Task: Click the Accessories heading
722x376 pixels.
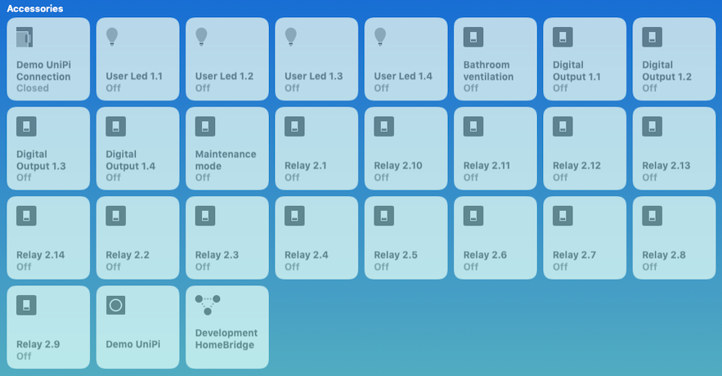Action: click(35, 8)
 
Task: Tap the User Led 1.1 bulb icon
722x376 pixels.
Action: click(113, 36)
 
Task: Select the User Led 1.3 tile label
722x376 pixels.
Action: click(313, 76)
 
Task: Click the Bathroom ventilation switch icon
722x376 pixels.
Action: click(473, 37)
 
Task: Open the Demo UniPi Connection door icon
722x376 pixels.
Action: click(25, 37)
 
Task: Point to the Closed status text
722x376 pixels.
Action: click(33, 88)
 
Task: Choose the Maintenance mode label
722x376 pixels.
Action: click(226, 160)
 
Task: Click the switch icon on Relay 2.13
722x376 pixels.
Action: click(652, 126)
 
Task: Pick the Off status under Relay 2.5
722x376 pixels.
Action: click(382, 266)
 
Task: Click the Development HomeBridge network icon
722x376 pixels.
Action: click(208, 305)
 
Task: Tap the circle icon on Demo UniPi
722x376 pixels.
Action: click(115, 305)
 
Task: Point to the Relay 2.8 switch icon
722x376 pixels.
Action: click(652, 215)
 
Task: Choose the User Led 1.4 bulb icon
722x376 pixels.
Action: click(380, 36)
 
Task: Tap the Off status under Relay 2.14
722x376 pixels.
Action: click(24, 266)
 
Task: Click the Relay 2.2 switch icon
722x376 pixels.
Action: click(115, 215)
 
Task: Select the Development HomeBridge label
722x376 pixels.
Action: click(226, 339)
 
